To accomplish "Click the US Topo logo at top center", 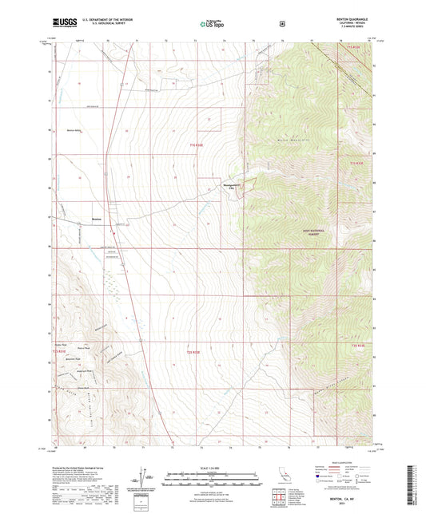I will click(x=210, y=24).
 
